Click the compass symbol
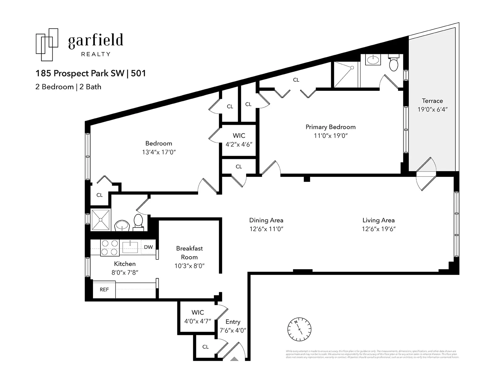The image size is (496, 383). (x=299, y=329)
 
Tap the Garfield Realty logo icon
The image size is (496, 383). (x=47, y=44)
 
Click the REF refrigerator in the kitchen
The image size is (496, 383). (x=104, y=289)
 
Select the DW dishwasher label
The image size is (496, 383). (x=148, y=247)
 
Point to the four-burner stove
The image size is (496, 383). (x=110, y=248)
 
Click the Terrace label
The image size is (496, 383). (x=432, y=101)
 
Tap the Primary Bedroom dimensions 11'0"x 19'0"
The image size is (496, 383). (x=330, y=136)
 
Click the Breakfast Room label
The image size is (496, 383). (x=189, y=253)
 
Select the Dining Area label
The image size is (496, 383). (x=266, y=220)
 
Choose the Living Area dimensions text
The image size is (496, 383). (x=379, y=229)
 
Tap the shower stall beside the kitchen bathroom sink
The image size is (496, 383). (x=100, y=220)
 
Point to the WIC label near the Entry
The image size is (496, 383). (x=197, y=312)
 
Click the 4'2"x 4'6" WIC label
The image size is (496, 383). (x=239, y=144)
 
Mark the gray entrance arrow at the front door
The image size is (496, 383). (x=235, y=359)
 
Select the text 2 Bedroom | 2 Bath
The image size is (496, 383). (x=68, y=87)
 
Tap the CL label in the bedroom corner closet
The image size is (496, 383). (x=99, y=195)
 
